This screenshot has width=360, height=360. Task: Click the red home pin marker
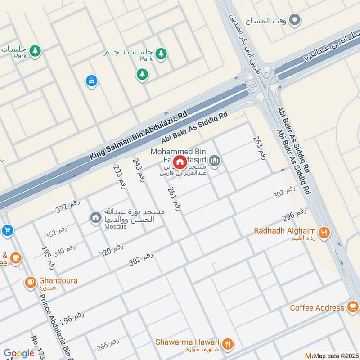click(x=180, y=162)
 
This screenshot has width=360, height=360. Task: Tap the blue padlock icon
click(x=91, y=81)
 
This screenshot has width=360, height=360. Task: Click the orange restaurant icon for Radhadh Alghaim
click(x=324, y=233)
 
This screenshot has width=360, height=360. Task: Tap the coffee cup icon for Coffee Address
click(x=352, y=308)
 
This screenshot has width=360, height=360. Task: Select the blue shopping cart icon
click(x=6, y=231)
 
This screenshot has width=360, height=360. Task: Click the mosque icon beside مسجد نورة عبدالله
click(x=95, y=218)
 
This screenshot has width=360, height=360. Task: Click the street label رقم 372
click(x=68, y=207)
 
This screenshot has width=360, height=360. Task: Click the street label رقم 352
click(x=56, y=232)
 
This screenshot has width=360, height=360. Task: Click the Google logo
click(x=19, y=353)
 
